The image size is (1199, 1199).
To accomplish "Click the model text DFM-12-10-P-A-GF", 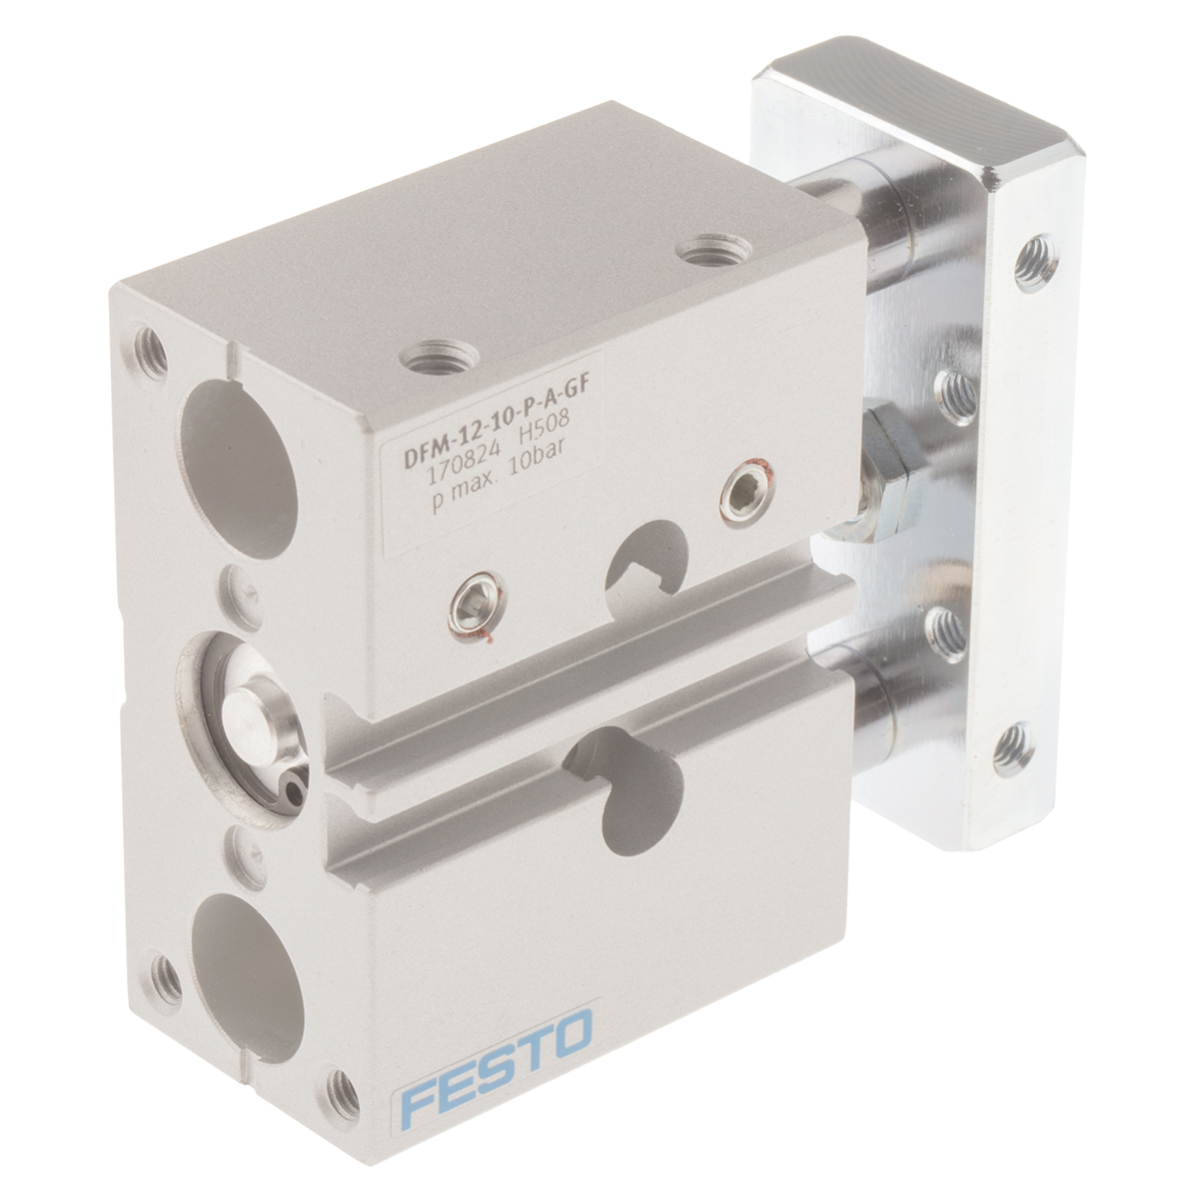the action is [496, 425].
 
